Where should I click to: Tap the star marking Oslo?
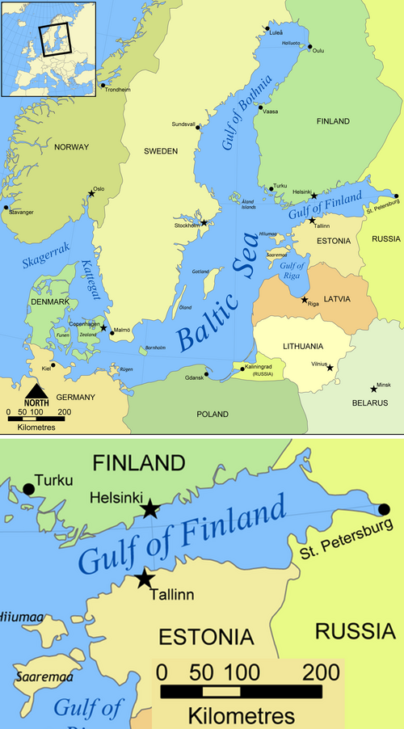coord(90,194)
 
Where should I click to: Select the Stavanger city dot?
coord(6,208)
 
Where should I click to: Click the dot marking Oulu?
coord(308,46)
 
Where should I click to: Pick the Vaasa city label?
coord(270,111)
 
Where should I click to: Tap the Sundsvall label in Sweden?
coord(183,124)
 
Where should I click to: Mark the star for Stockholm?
coord(204,222)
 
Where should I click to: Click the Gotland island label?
coord(200,272)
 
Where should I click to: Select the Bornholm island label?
coord(154,348)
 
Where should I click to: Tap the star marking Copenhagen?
coord(103,328)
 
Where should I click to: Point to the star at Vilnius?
coord(330,368)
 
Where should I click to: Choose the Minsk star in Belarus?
coord(373,389)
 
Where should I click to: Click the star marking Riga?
coord(305,300)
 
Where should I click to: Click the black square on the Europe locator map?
coord(55,38)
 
